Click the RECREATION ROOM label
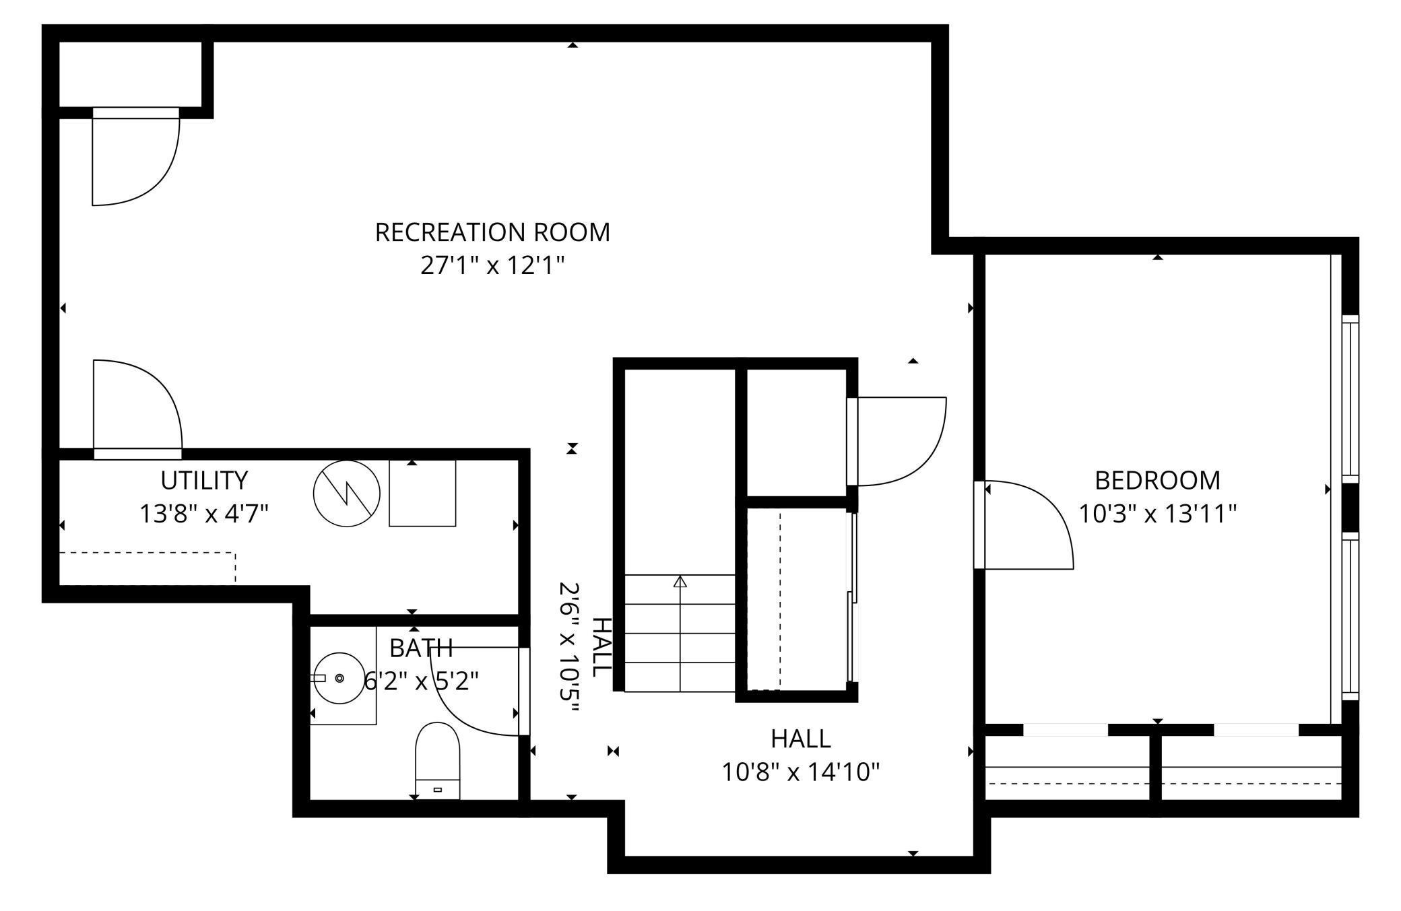point(492,232)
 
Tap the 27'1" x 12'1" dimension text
point(492,266)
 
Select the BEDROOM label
point(1157,481)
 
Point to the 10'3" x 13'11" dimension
point(1157,514)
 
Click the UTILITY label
point(204,481)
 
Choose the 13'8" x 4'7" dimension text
point(204,514)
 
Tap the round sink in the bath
point(339,677)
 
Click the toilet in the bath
point(437,761)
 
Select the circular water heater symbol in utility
point(347,494)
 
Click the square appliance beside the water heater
point(422,494)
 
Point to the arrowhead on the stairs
point(680,581)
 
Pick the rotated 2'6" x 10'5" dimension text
point(570,650)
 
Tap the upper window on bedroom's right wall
point(1350,399)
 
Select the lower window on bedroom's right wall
point(1350,616)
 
